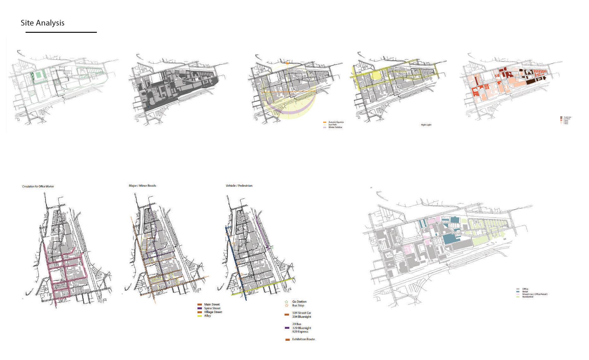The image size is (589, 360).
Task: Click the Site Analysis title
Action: coord(43,23)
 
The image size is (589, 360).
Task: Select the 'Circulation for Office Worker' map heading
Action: coord(38,187)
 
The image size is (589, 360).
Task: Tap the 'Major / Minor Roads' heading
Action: coord(142,186)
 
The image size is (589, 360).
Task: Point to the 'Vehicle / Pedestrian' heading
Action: coord(239,186)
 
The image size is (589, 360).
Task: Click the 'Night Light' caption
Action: coord(426,125)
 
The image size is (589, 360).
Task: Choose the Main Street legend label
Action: coord(212,305)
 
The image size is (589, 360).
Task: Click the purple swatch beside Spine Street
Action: coord(199,308)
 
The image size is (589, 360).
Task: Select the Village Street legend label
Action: coord(213,312)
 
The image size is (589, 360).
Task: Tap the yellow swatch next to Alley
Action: coord(199,316)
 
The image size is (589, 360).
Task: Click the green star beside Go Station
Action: coord(286,302)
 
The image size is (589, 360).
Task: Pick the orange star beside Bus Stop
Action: coord(286,305)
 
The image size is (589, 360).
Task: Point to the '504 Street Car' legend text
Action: coord(302,313)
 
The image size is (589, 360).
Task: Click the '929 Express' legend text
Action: coord(300,332)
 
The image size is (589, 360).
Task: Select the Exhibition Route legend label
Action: coord(303,339)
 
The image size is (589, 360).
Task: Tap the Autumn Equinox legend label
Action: coord(336,122)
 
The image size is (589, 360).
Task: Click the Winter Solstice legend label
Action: coord(335,127)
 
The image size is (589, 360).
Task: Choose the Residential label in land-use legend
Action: coord(528,297)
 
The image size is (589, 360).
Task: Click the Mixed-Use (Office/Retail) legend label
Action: coord(535,294)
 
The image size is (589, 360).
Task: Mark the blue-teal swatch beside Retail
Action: coord(518,292)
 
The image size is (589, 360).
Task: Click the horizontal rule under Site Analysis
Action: coord(61,32)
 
